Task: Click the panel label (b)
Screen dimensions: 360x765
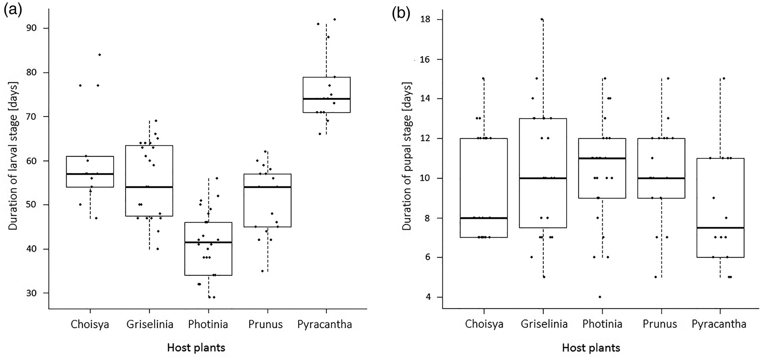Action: click(x=401, y=13)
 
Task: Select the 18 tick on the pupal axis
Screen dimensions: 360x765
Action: click(x=425, y=19)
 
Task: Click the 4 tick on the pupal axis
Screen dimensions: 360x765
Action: click(x=428, y=297)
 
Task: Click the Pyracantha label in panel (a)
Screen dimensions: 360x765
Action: click(x=325, y=325)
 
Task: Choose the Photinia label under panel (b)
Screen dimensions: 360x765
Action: click(x=602, y=324)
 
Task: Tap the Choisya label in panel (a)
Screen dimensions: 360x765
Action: click(x=89, y=325)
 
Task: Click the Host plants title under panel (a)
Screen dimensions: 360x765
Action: click(x=196, y=348)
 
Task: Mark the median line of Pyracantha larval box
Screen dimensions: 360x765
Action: click(x=326, y=98)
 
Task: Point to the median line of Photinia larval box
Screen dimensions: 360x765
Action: click(x=208, y=243)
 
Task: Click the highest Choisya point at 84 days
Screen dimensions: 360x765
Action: click(x=99, y=55)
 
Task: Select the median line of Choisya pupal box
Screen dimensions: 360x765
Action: click(x=484, y=218)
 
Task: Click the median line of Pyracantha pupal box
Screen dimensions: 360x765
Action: click(x=720, y=228)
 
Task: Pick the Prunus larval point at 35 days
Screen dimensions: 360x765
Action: click(x=262, y=271)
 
